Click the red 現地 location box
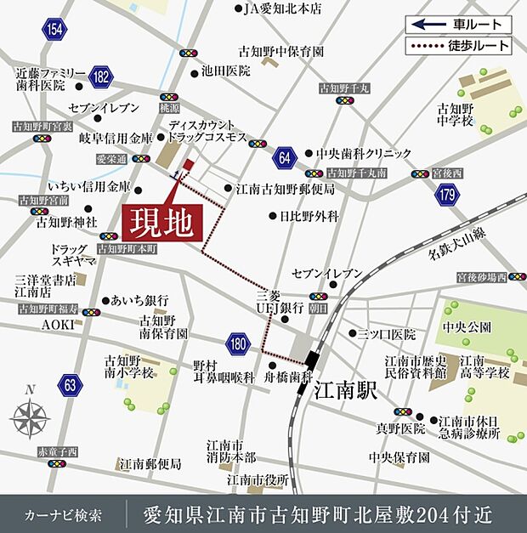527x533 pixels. coord(163,224)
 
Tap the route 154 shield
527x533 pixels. coord(56,30)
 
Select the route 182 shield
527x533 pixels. coord(101,77)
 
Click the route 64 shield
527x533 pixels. coord(284,159)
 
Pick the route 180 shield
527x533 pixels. coord(239,344)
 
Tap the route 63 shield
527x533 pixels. coord(71,386)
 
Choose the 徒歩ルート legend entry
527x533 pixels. coord(459,46)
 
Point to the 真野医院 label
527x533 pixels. coord(401,428)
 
